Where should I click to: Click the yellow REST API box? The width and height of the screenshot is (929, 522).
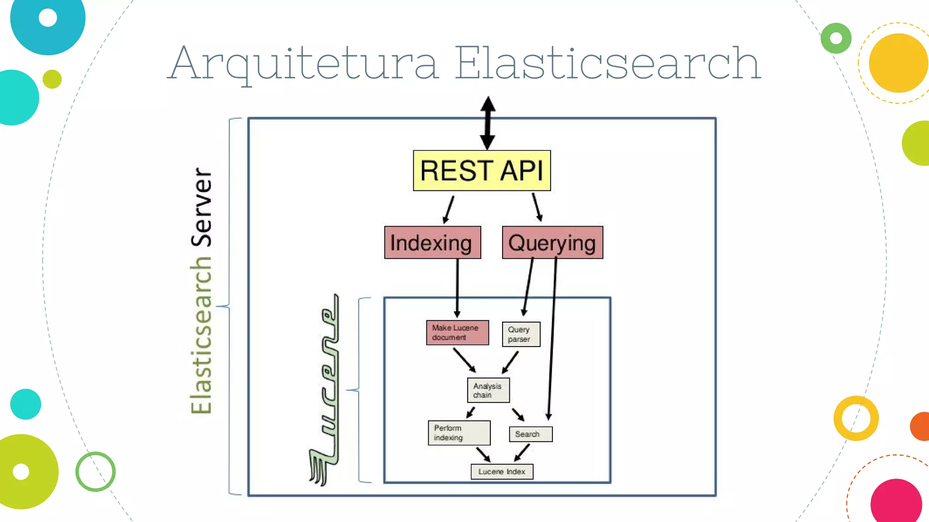(x=482, y=170)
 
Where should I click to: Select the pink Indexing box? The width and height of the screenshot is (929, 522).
(x=432, y=242)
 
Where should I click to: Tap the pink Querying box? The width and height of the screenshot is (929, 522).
(x=553, y=242)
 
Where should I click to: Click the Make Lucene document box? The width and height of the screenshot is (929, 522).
(x=457, y=333)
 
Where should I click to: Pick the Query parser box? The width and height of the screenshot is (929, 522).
(x=521, y=334)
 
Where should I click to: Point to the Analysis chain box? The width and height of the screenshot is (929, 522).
(x=488, y=390)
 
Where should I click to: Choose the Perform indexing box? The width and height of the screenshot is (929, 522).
(x=459, y=433)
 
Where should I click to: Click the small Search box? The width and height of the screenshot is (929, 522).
(x=530, y=434)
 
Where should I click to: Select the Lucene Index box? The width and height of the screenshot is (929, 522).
(x=502, y=472)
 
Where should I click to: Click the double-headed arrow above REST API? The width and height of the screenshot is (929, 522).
(x=488, y=123)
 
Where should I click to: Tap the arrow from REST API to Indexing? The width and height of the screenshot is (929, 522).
(x=448, y=209)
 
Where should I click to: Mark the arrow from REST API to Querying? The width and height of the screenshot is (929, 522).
(x=537, y=208)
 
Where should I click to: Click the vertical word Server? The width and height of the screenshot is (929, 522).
(x=201, y=207)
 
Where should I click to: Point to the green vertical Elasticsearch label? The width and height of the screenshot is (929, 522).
(x=201, y=335)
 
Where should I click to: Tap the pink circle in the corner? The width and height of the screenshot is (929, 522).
(x=896, y=502)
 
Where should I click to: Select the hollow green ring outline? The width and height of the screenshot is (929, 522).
(x=95, y=471)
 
